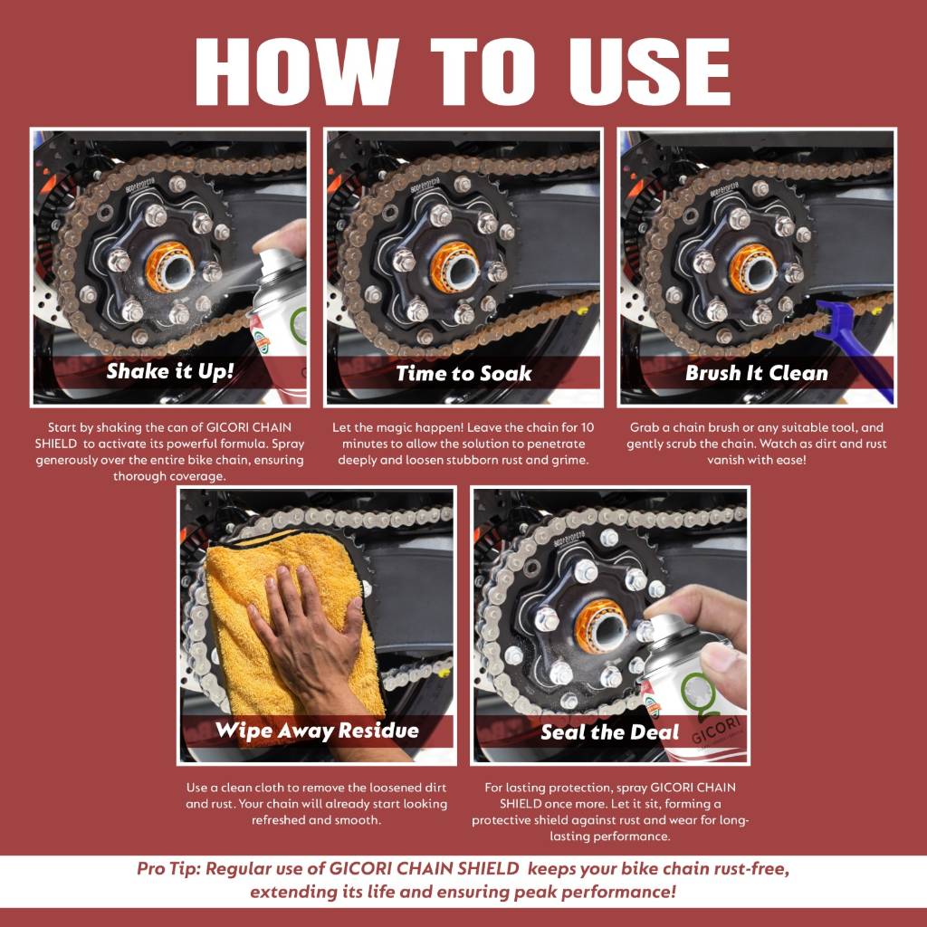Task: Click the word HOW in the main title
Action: pyautogui.click(x=297, y=72)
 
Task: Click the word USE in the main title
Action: pyautogui.click(x=649, y=72)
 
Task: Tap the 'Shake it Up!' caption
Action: pyautogui.click(x=170, y=371)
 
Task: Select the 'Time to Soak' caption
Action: pyautogui.click(x=463, y=373)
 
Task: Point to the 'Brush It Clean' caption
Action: pyautogui.click(x=757, y=373)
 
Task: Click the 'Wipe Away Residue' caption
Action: pyautogui.click(x=317, y=731)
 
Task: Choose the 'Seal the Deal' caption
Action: pyautogui.click(x=609, y=732)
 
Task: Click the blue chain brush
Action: pyautogui.click(x=856, y=349)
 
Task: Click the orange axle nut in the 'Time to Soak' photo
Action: pyautogui.click(x=454, y=267)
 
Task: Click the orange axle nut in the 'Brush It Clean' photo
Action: pyautogui.click(x=752, y=268)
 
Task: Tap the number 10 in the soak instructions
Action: pyautogui.click(x=587, y=427)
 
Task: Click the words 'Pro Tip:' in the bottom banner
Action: pyautogui.click(x=168, y=868)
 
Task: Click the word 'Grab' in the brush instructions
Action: pyautogui.click(x=644, y=427)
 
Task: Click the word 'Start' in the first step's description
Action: pyautogui.click(x=62, y=427)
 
